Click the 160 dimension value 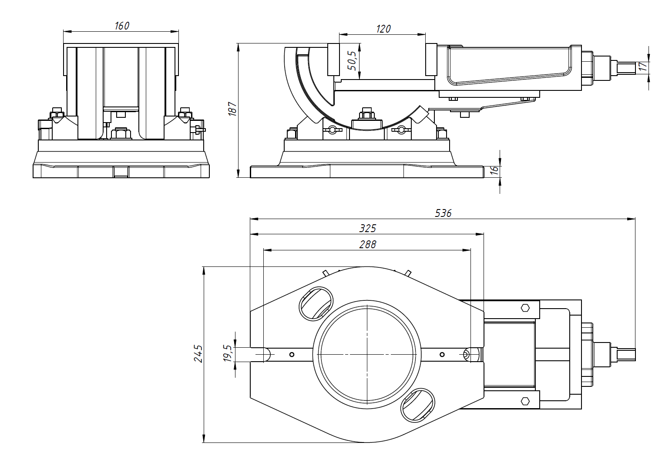pos(122,26)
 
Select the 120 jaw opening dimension pos(383,29)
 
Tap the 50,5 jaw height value pos(352,60)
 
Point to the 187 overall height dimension pos(232,109)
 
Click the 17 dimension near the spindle pos(642,67)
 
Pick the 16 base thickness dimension pos(494,170)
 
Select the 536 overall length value pos(443,213)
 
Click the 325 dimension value pos(368,229)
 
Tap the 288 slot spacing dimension pos(368,244)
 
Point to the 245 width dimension pos(198,353)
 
